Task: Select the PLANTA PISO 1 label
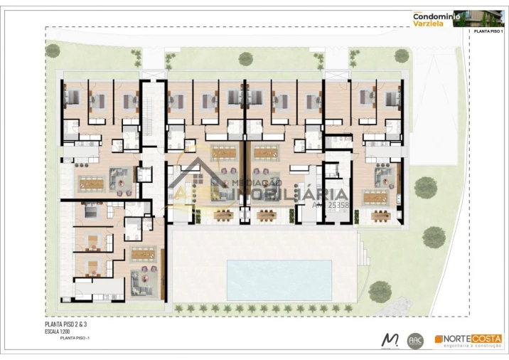coord(486,32)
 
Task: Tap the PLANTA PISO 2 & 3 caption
coord(65,324)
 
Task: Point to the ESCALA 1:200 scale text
coord(60,332)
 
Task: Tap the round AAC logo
coord(415,341)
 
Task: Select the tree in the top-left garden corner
coord(53,50)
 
